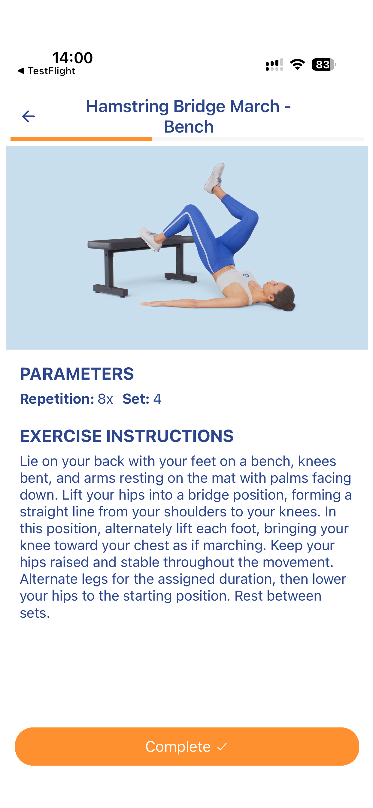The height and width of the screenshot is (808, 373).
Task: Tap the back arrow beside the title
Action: pyautogui.click(x=28, y=116)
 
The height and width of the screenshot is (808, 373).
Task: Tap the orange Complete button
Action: pyautogui.click(x=187, y=746)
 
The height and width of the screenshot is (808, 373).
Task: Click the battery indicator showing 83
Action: pyautogui.click(x=323, y=65)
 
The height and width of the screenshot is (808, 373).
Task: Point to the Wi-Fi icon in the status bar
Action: pyautogui.click(x=297, y=64)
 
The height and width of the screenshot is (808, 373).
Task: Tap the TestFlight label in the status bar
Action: pyautogui.click(x=51, y=71)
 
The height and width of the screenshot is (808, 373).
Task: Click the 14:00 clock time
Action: pyautogui.click(x=72, y=58)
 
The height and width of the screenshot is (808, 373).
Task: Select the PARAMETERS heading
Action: pyautogui.click(x=77, y=374)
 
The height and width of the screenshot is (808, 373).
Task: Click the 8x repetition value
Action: pyautogui.click(x=105, y=399)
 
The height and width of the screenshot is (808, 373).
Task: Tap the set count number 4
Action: pyautogui.click(x=157, y=399)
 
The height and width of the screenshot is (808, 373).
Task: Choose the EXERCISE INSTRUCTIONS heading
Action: pyautogui.click(x=127, y=436)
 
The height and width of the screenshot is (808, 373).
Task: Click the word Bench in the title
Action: pyautogui.click(x=189, y=127)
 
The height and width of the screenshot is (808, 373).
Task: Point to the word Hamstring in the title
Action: pyautogui.click(x=127, y=107)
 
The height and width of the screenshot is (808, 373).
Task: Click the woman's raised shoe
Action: pyautogui.click(x=214, y=178)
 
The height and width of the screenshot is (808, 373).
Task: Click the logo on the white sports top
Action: pyautogui.click(x=246, y=275)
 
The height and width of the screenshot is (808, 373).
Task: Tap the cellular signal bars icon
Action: pyautogui.click(x=274, y=65)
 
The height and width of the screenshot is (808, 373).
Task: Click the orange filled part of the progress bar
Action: pyautogui.click(x=81, y=139)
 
